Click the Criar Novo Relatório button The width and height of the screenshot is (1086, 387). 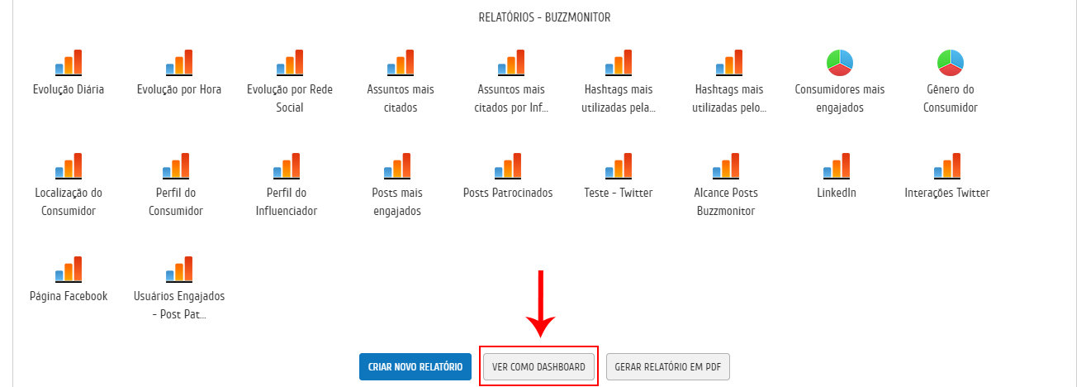pos(415,366)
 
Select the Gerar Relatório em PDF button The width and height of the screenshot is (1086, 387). pos(667,366)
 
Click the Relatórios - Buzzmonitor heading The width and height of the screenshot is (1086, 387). pos(544,17)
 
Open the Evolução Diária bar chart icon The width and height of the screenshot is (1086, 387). pos(69,63)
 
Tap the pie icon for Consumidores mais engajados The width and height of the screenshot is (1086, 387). pos(839,63)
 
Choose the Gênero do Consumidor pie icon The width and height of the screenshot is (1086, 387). pos(951,63)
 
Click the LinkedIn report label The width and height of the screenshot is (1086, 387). pos(837,193)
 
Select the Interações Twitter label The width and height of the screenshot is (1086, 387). pos(946,193)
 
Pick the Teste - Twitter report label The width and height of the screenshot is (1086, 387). pos(618,193)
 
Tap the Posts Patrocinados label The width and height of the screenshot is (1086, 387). pos(508,193)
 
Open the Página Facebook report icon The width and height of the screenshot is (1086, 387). pos(69,270)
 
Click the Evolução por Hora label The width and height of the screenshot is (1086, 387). pos(179,89)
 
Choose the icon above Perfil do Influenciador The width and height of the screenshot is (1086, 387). pos(290,166)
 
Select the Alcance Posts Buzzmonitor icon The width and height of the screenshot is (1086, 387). pos(729,166)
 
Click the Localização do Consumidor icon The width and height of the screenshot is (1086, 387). pos(69,166)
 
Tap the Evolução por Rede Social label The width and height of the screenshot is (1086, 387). pos(290,98)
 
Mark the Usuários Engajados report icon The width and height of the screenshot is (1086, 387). pos(179,270)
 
